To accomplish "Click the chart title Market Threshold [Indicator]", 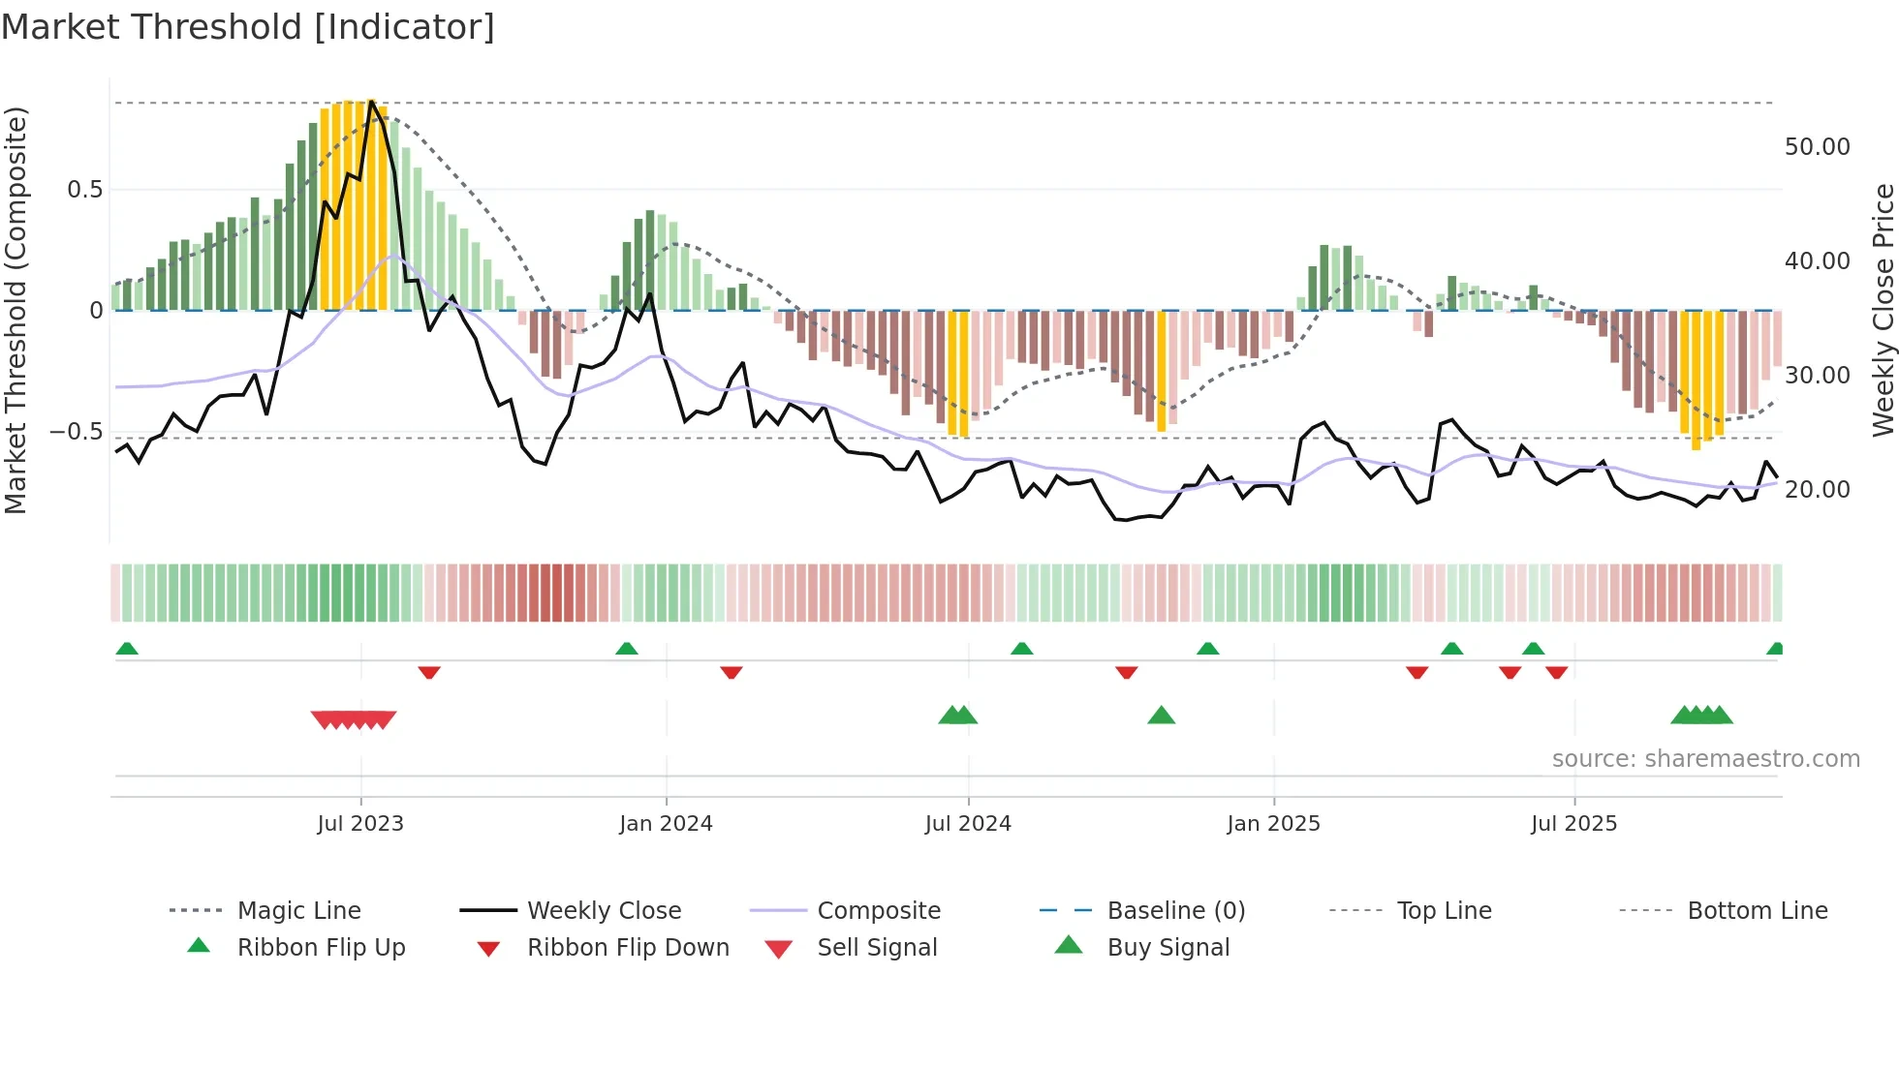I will point(248,27).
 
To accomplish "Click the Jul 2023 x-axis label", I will point(360,823).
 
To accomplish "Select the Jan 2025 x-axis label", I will point(1273,823).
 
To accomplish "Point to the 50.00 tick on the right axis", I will point(1817,146).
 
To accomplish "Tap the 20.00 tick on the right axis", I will point(1817,489).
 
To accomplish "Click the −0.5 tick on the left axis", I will point(76,431).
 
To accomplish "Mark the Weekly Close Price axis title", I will point(1883,310).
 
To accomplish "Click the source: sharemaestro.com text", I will point(1705,758).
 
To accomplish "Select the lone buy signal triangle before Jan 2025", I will point(1161,716).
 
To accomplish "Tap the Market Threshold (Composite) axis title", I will point(16,310).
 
